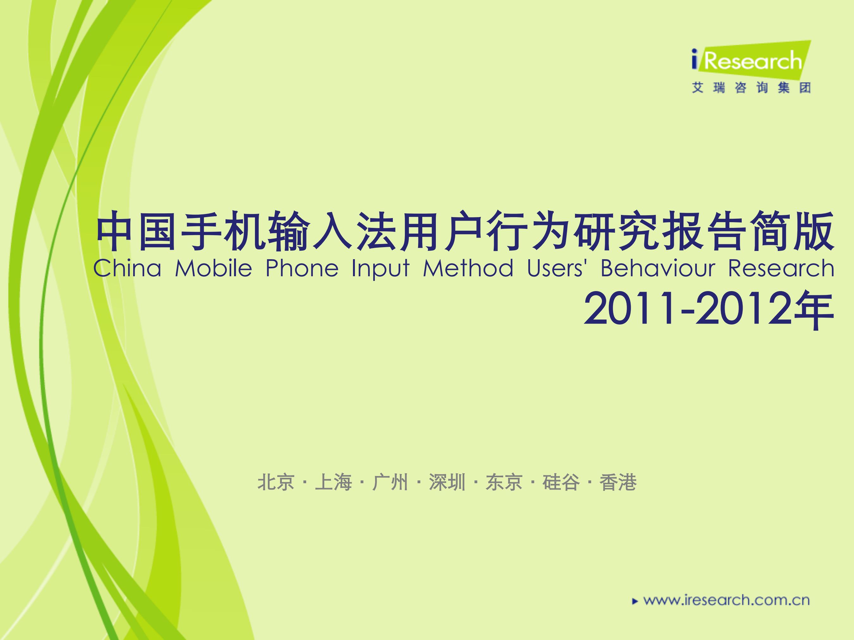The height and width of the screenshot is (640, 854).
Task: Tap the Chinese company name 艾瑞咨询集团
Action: [x=751, y=88]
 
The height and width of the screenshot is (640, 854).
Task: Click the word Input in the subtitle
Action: [x=380, y=269]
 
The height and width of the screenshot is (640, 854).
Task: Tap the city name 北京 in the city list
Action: [x=276, y=483]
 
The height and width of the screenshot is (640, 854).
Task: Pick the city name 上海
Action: [x=333, y=483]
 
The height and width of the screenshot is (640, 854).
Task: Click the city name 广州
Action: [x=390, y=483]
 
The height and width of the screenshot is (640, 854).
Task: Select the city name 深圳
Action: [x=447, y=483]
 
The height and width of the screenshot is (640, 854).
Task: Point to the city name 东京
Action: [x=504, y=483]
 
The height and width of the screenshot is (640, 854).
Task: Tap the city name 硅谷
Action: [x=561, y=483]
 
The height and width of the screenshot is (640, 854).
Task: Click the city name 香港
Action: [x=618, y=483]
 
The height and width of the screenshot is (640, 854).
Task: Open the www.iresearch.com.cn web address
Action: [x=726, y=600]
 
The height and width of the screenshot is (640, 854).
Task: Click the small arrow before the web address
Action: [x=635, y=601]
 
